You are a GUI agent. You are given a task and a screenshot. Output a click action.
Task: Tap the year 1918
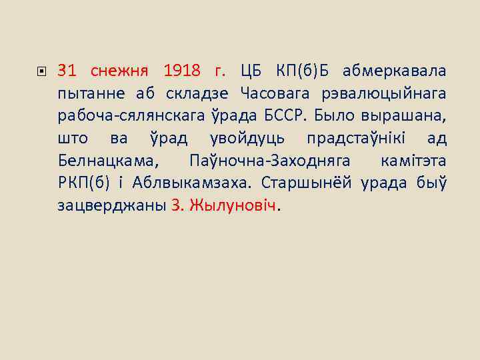182,71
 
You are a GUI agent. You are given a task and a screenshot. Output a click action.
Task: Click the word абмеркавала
395,71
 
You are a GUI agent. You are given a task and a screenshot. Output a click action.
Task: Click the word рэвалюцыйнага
393,93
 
